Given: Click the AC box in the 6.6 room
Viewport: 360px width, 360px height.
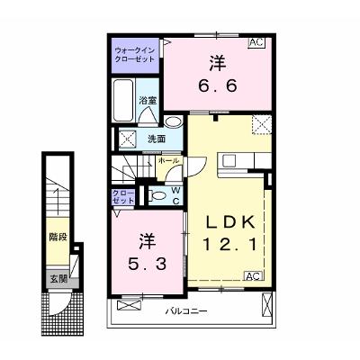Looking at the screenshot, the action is tap(256, 42).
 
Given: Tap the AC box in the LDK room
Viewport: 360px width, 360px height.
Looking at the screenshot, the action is tap(253, 276).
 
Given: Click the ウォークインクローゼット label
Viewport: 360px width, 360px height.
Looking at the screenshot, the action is tap(135, 55).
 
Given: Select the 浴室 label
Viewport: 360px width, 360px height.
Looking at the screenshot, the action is tap(148, 101).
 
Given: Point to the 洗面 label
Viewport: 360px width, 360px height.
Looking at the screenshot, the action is tap(157, 139).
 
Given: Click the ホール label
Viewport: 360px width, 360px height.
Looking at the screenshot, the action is tap(168, 160).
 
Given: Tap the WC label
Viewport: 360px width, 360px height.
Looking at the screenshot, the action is tap(175, 196).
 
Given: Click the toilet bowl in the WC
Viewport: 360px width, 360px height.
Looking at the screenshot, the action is tap(158, 195).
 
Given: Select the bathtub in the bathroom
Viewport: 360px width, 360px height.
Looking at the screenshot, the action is tap(124, 101).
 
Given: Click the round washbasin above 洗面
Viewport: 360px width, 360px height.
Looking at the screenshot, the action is tap(174, 122).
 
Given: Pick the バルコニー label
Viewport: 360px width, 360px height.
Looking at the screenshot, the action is tap(186, 311).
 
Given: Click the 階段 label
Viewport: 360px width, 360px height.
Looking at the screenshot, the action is tap(58, 238).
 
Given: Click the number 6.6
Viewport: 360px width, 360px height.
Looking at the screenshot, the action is tap(218, 86).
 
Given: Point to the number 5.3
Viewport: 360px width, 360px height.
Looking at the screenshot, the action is tap(147, 265).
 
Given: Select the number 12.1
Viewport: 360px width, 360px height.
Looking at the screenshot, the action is tap(230, 244).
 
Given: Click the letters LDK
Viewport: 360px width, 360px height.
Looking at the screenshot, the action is tap(230, 222).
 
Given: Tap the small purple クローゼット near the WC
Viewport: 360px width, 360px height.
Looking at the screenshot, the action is tap(122, 197).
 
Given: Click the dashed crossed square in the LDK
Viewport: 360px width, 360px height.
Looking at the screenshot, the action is tap(261, 125).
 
